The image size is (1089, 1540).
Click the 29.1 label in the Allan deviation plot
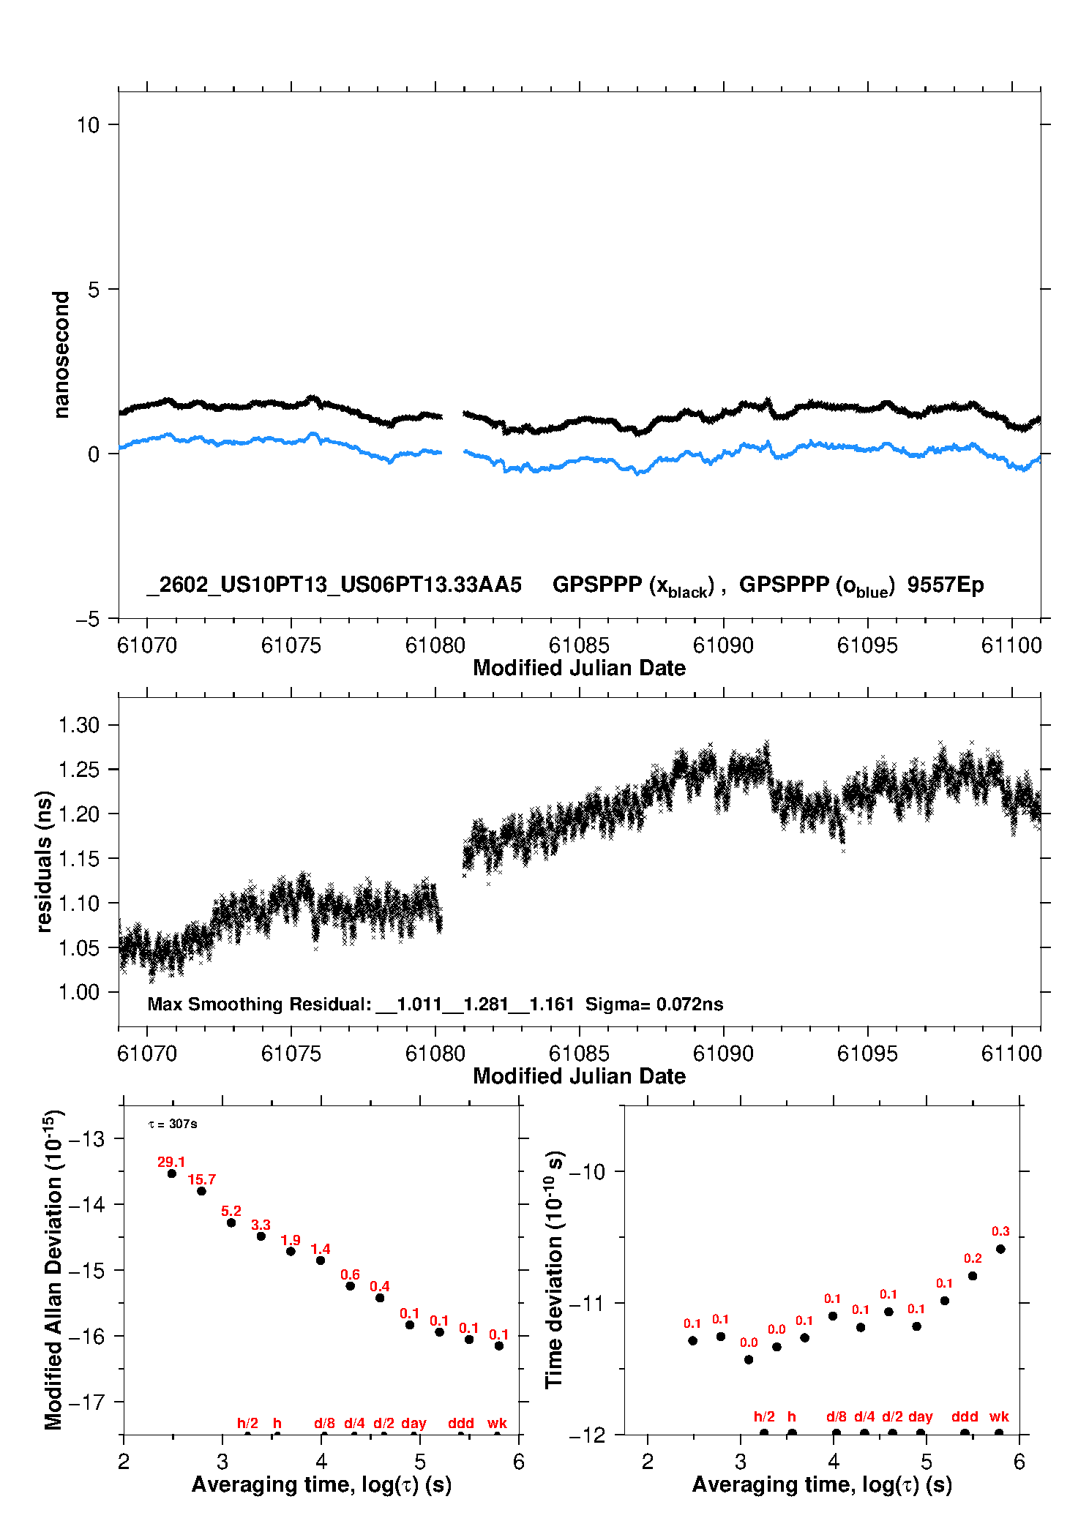pyautogui.click(x=171, y=1162)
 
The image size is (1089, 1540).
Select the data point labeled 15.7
pyautogui.click(x=202, y=1191)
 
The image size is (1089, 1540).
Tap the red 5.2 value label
pyautogui.click(x=231, y=1211)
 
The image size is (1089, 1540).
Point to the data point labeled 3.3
pyautogui.click(x=261, y=1236)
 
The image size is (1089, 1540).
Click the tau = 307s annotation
pyautogui.click(x=173, y=1124)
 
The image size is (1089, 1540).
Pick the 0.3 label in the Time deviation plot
pyautogui.click(x=1000, y=1231)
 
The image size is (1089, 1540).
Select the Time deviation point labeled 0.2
pyautogui.click(x=973, y=1276)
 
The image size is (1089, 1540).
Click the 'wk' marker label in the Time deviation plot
pyautogui.click(x=999, y=1416)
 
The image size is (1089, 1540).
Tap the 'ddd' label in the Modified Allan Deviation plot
pyautogui.click(x=461, y=1423)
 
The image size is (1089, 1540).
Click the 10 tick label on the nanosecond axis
pyautogui.click(x=88, y=125)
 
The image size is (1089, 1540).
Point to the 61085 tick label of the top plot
pyautogui.click(x=579, y=645)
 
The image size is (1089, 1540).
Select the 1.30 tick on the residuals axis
pyautogui.click(x=78, y=725)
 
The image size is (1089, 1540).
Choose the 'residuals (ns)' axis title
pyautogui.click(x=44, y=861)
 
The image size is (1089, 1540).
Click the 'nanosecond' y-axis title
pyautogui.click(x=61, y=354)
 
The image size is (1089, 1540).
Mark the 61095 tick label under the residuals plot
pyautogui.click(x=867, y=1053)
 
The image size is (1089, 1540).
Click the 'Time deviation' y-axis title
pyautogui.click(x=554, y=1270)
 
